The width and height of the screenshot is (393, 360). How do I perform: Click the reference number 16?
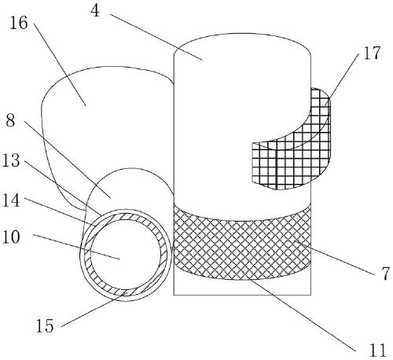(x=19, y=23)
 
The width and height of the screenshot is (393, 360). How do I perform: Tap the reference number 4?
(x=95, y=11)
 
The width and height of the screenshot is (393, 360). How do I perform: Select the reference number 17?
(x=372, y=53)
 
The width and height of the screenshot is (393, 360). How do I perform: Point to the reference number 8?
(x=10, y=121)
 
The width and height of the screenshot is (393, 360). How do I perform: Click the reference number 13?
(x=11, y=160)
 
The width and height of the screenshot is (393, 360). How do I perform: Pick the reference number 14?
(x=11, y=200)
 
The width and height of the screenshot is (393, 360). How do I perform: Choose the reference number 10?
(x=11, y=237)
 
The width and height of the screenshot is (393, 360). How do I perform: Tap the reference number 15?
(x=45, y=326)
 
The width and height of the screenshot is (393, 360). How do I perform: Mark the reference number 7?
(x=385, y=274)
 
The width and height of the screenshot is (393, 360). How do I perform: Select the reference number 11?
(x=377, y=351)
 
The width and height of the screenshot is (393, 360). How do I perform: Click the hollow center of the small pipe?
(x=126, y=255)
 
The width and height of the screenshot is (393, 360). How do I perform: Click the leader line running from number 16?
(x=60, y=64)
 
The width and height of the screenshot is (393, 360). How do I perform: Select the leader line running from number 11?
(x=303, y=315)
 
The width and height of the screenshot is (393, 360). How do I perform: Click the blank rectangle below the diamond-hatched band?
(x=242, y=287)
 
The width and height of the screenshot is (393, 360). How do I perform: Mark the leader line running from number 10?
(x=76, y=247)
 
